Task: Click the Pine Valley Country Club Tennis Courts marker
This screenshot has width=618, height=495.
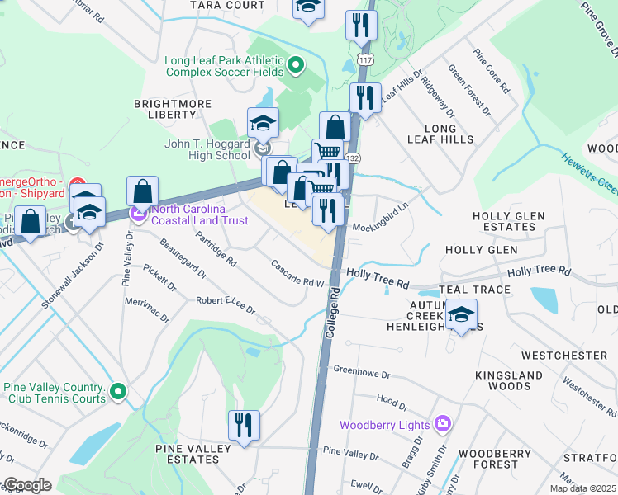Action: pyautogui.click(x=118, y=391)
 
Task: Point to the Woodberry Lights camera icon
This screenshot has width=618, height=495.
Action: pyautogui.click(x=444, y=424)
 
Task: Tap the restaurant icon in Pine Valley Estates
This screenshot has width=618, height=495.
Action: pyautogui.click(x=244, y=426)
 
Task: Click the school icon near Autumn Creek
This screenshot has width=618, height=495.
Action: pyautogui.click(x=462, y=314)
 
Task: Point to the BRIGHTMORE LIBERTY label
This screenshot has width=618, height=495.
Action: pyautogui.click(x=171, y=109)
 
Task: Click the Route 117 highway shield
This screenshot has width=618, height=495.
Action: pyautogui.click(x=365, y=60)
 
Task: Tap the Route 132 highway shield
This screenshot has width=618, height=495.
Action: pyautogui.click(x=351, y=157)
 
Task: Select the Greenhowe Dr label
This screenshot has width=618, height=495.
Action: pyautogui.click(x=361, y=370)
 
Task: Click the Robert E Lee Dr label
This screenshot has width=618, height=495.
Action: pyautogui.click(x=226, y=305)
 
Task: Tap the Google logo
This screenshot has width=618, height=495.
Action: pyautogui.click(x=26, y=485)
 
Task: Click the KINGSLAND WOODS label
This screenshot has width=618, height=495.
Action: pyautogui.click(x=502, y=380)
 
